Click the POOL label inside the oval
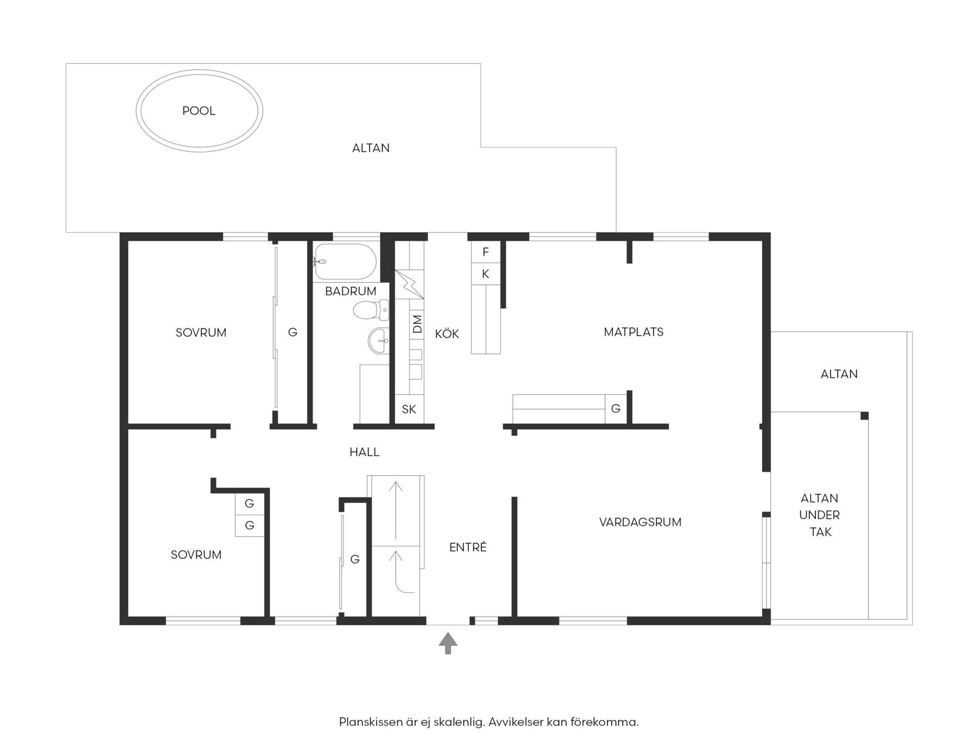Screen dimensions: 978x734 click(199, 111)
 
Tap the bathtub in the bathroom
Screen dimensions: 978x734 click(345, 262)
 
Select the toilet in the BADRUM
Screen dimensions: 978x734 click(371, 310)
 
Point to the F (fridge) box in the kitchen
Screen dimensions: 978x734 click(486, 252)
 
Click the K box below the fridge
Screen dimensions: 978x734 click(486, 274)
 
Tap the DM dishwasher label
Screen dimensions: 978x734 click(417, 325)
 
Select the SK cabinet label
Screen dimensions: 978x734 click(409, 409)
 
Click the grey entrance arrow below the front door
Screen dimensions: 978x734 click(448, 643)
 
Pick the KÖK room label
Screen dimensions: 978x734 click(447, 334)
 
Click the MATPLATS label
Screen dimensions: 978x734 click(634, 332)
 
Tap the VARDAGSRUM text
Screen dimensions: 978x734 click(640, 522)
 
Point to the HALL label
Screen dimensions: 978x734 click(364, 452)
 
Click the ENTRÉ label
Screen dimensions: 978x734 click(468, 547)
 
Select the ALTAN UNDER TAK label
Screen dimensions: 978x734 click(820, 515)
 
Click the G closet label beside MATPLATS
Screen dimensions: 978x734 click(616, 408)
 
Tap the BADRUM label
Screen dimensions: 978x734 click(350, 291)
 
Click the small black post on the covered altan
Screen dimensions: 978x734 click(864, 416)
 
